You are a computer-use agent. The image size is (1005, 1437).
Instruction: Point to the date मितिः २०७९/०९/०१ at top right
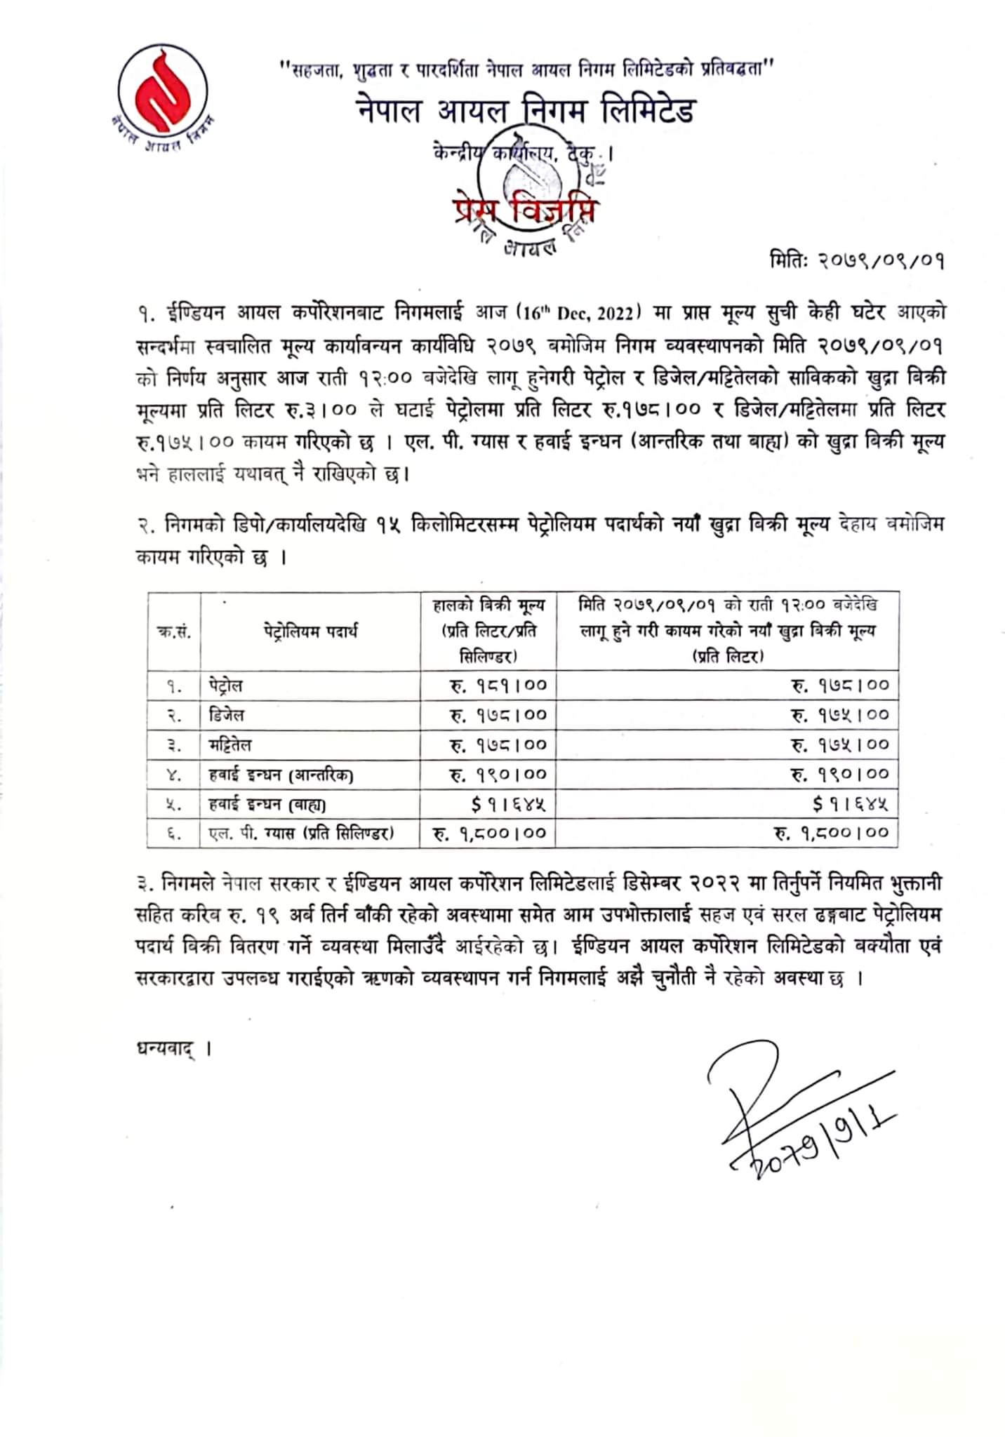click(856, 261)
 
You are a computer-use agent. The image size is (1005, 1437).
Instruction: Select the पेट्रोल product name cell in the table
click(226, 686)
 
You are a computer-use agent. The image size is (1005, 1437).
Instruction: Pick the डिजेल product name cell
click(226, 715)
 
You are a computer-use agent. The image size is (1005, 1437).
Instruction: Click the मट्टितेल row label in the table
click(230, 744)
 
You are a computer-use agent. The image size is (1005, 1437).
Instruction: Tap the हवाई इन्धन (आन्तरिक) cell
click(281, 775)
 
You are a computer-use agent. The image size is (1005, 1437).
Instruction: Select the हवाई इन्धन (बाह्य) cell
click(267, 804)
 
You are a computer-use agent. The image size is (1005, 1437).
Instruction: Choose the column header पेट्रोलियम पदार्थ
click(311, 631)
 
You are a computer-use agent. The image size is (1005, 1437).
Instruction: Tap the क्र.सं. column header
click(173, 631)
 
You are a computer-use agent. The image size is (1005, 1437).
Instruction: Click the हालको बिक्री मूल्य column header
click(488, 630)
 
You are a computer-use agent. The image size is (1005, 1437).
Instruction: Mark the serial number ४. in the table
click(174, 775)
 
